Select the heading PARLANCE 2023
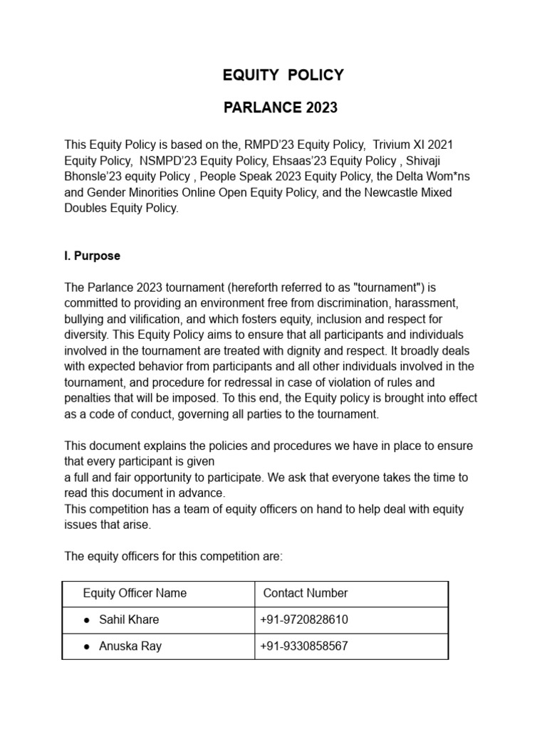[280, 108]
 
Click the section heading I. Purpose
[93, 256]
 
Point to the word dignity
[336, 351]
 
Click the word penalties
[88, 399]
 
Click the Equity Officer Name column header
[135, 593]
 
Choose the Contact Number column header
[306, 593]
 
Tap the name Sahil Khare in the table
[129, 619]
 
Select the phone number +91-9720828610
[304, 619]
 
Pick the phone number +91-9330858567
[304, 646]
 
